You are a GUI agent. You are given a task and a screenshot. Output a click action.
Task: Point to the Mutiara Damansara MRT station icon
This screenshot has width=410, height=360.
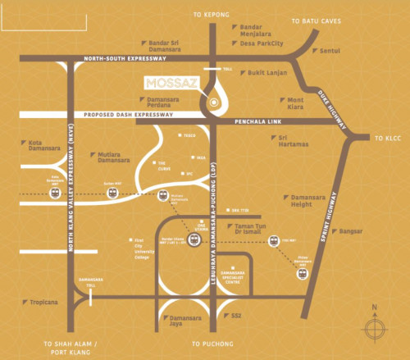[164, 197]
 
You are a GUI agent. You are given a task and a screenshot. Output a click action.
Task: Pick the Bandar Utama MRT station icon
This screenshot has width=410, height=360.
[194, 239]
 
